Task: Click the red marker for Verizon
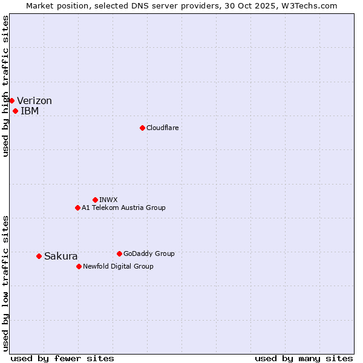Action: (11, 100)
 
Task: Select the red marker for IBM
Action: (15, 111)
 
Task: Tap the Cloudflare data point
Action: (142, 128)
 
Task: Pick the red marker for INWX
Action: (95, 200)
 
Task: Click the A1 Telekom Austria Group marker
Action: (77, 208)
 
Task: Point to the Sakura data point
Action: (39, 256)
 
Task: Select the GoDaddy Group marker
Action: (119, 253)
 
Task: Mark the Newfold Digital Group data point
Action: (79, 266)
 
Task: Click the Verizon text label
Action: (34, 101)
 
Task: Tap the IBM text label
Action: (30, 111)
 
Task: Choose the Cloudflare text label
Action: (162, 128)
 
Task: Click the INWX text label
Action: (108, 200)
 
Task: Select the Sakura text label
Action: (61, 257)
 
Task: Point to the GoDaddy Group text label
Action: (149, 253)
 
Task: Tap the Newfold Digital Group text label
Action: (118, 266)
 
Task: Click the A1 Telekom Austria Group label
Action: (123, 208)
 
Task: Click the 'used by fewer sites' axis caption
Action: (62, 358)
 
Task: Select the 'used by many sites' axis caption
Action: (304, 358)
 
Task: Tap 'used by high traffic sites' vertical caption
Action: (5, 86)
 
